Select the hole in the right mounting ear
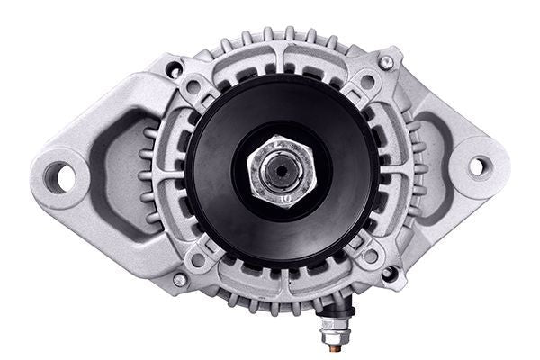pos(481,166)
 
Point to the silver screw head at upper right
pos(386,62)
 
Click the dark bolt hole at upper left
pos(174,68)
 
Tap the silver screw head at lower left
pos(179,280)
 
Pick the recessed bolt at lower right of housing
pos(388,272)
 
